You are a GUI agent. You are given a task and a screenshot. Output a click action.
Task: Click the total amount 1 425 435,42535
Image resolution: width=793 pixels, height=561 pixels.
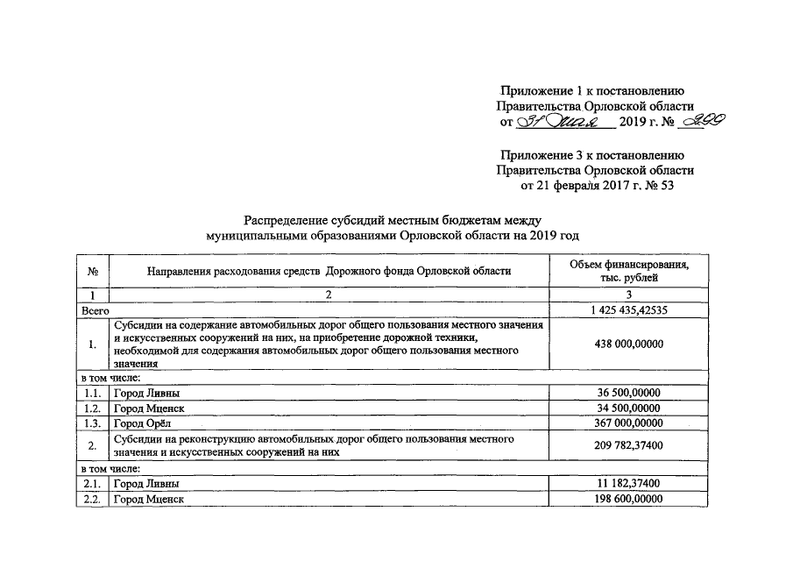(x=627, y=309)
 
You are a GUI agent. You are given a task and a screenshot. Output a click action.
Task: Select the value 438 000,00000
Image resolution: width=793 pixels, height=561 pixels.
(x=627, y=344)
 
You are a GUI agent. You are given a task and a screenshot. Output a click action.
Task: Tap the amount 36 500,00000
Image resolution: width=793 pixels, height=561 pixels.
(x=627, y=393)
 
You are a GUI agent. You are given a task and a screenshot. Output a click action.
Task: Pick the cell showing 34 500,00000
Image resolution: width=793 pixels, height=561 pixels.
(x=627, y=408)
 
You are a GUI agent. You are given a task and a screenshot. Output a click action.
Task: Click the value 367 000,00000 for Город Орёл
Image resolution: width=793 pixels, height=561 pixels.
(x=627, y=423)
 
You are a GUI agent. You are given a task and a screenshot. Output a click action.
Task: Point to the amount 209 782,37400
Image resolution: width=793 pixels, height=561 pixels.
(x=627, y=445)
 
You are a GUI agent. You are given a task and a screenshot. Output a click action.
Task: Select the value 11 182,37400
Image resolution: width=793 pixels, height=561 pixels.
(x=627, y=483)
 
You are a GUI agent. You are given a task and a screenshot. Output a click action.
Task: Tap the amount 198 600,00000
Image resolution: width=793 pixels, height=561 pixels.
(x=627, y=499)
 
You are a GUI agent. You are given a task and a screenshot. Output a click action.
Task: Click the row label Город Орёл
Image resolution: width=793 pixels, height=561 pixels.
(x=140, y=423)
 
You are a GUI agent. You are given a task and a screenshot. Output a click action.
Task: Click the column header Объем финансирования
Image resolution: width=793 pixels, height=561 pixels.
(x=627, y=265)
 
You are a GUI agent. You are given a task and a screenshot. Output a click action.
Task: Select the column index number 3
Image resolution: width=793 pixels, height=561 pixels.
(x=627, y=295)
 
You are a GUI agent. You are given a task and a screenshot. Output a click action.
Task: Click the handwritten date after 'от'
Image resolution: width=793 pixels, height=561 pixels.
(x=565, y=122)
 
